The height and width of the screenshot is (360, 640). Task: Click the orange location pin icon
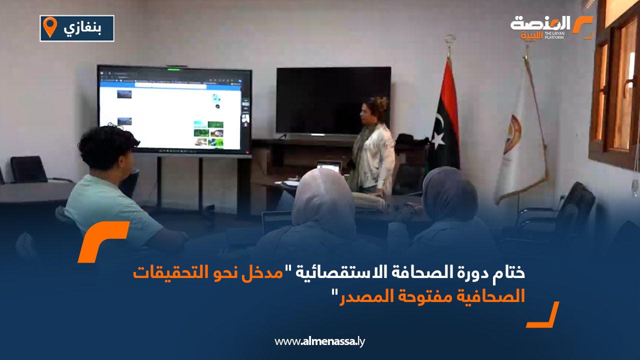point(50,27)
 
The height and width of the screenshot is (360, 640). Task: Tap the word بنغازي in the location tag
point(82,28)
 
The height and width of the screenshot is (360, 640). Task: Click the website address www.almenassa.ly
point(319,341)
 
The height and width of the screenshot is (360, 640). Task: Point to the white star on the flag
point(437,139)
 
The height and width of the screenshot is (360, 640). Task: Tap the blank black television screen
point(333,100)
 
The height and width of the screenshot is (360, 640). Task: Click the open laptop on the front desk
point(329,166)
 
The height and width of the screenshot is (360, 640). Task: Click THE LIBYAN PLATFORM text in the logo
point(554,35)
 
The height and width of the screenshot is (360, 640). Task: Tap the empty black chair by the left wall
point(28,169)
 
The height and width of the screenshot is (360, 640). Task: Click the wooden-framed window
point(614,85)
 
